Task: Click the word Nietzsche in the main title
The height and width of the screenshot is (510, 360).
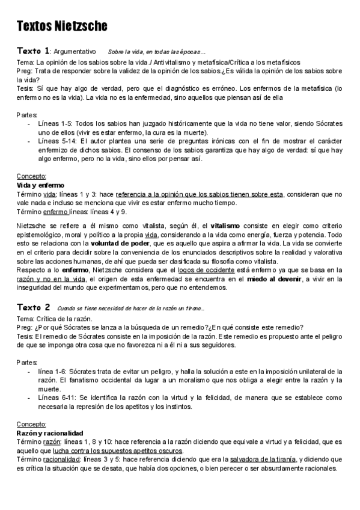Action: coord(82,26)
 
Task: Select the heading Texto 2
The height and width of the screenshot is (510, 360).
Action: coord(34,307)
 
